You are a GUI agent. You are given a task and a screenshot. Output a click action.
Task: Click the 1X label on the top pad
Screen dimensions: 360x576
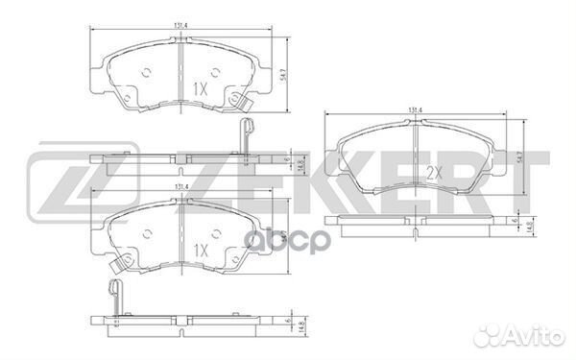[201, 87]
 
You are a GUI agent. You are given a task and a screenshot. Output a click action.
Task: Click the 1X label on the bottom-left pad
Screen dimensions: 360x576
[201, 249]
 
